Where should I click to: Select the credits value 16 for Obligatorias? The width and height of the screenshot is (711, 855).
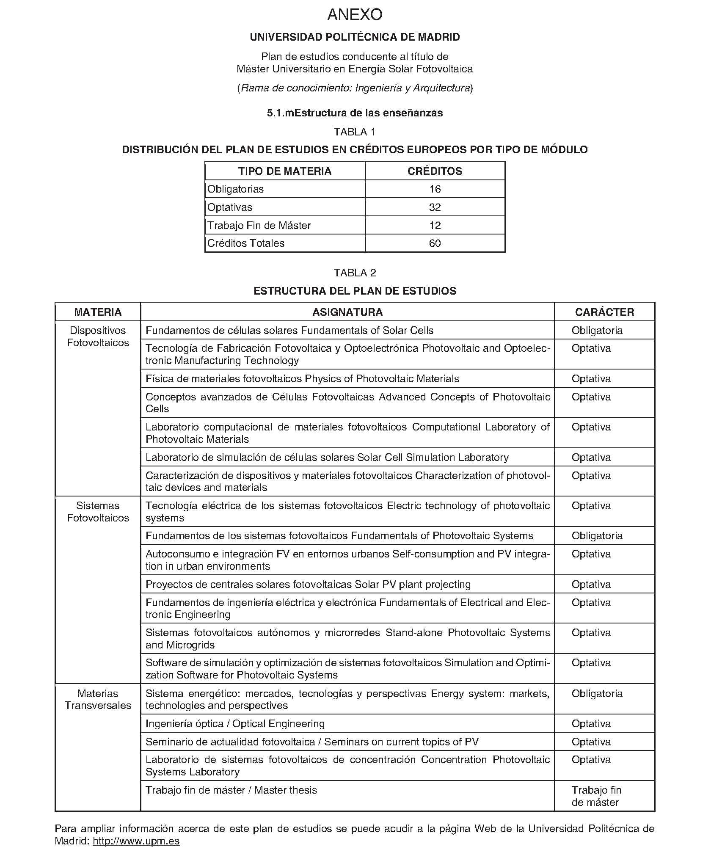point(435,189)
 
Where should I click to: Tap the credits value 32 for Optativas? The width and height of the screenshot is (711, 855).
point(435,207)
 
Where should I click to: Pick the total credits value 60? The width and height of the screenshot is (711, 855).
point(435,243)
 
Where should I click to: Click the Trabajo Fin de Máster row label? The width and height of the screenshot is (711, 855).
point(259,226)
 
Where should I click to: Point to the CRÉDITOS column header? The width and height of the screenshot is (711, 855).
point(435,171)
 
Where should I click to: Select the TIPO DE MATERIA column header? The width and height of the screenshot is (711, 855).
point(284,171)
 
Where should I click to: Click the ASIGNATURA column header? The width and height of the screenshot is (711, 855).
point(347,312)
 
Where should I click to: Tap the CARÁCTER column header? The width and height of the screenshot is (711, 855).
point(604,312)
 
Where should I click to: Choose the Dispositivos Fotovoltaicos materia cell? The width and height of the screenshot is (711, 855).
point(98,336)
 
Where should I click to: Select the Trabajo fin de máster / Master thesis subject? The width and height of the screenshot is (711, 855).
point(231,790)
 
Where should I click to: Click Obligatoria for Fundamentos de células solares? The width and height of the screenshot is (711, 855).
point(597,331)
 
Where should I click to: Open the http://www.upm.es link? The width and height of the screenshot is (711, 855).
point(136,841)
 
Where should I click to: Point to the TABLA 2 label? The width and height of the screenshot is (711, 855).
point(355,273)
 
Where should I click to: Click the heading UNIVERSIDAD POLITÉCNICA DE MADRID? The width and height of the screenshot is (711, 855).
point(355,37)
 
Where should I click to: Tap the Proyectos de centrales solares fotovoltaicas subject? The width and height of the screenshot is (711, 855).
point(308,585)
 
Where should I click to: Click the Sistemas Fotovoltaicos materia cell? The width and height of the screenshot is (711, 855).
point(98,512)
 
